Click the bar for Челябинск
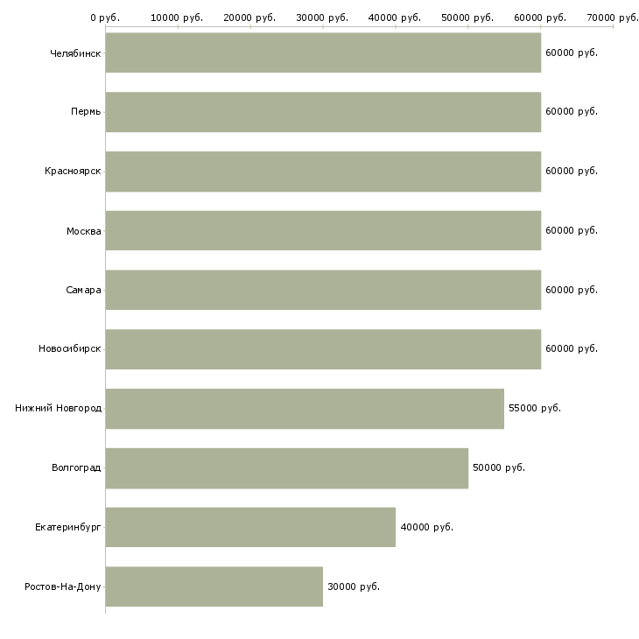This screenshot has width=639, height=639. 323,53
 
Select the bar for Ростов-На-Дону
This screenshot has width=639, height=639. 214,586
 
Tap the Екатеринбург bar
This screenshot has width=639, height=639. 250,527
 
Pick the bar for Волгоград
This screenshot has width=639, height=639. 286,467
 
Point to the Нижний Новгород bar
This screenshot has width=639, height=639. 305,409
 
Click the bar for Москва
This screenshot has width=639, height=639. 323,230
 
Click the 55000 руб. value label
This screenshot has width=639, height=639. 534,408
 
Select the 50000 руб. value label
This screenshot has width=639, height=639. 498,467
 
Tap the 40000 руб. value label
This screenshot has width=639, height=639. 426,527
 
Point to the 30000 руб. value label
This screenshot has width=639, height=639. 354,586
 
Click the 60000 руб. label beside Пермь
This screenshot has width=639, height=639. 571,111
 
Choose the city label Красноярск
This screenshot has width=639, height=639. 73,171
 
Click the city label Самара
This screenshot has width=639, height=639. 83,290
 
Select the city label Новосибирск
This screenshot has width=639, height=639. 69,348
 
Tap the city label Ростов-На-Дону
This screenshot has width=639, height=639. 63,586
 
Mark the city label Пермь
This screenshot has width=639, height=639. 86,111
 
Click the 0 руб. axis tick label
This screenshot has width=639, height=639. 105,17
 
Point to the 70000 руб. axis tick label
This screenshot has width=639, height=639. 613,17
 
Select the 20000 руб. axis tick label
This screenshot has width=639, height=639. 249,17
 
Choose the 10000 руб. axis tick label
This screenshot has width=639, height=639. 177,17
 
